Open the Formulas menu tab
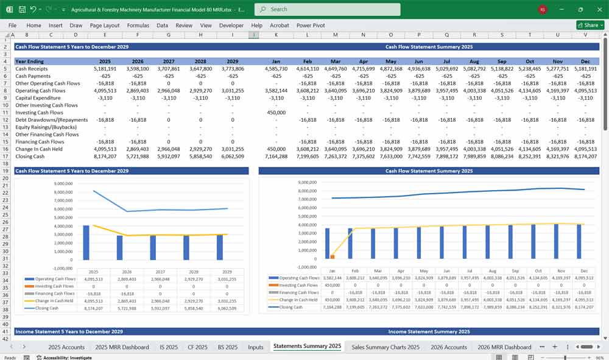coord(138,26)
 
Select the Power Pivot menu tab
coord(311,26)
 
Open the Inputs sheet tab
coord(256,347)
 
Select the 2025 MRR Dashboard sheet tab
coord(122,347)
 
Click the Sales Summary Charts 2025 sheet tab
coord(385,347)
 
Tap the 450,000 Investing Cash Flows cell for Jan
coord(276,113)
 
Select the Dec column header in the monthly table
coord(585,62)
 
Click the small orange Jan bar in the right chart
coord(333,256)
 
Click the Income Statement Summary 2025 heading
coord(429,332)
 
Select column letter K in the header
coord(276,35)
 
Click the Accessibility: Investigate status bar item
coord(68,358)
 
